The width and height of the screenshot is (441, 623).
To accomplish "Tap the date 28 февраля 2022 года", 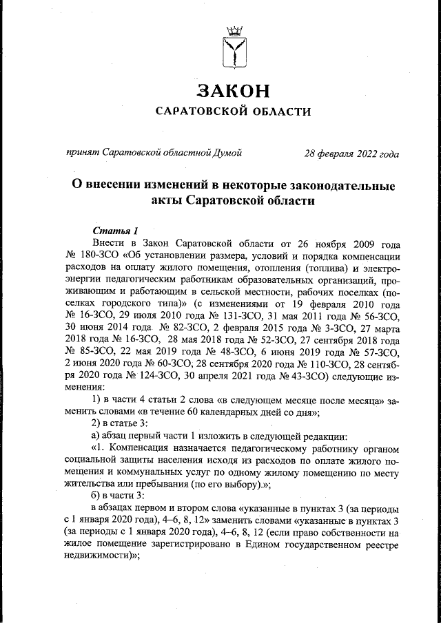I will [x=352, y=153].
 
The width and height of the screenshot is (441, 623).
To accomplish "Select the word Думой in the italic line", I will [x=228, y=153].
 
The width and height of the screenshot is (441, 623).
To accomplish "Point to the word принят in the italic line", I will [x=81, y=153].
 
